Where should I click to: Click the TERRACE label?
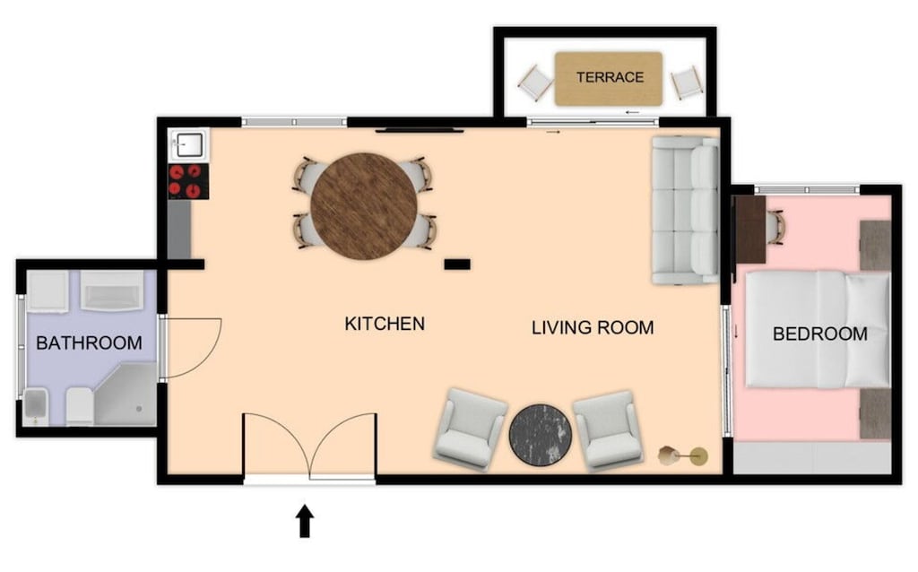point(610,77)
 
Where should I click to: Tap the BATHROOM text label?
point(89,342)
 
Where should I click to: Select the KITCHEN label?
point(385,324)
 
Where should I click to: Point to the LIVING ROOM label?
point(593,327)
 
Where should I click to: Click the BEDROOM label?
point(819,334)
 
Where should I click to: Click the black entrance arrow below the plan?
point(305,521)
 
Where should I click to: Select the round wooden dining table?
point(364,206)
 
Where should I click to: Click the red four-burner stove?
point(188,180)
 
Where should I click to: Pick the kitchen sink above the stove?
point(189,143)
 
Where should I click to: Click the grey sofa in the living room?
point(685,209)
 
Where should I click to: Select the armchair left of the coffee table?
point(470,429)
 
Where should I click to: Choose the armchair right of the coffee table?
point(609,429)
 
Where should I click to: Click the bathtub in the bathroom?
point(112,290)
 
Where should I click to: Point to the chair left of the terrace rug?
point(535,83)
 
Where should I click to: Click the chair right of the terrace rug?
point(687,82)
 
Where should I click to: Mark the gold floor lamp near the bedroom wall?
point(683,456)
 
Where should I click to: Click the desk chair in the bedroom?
point(775,226)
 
